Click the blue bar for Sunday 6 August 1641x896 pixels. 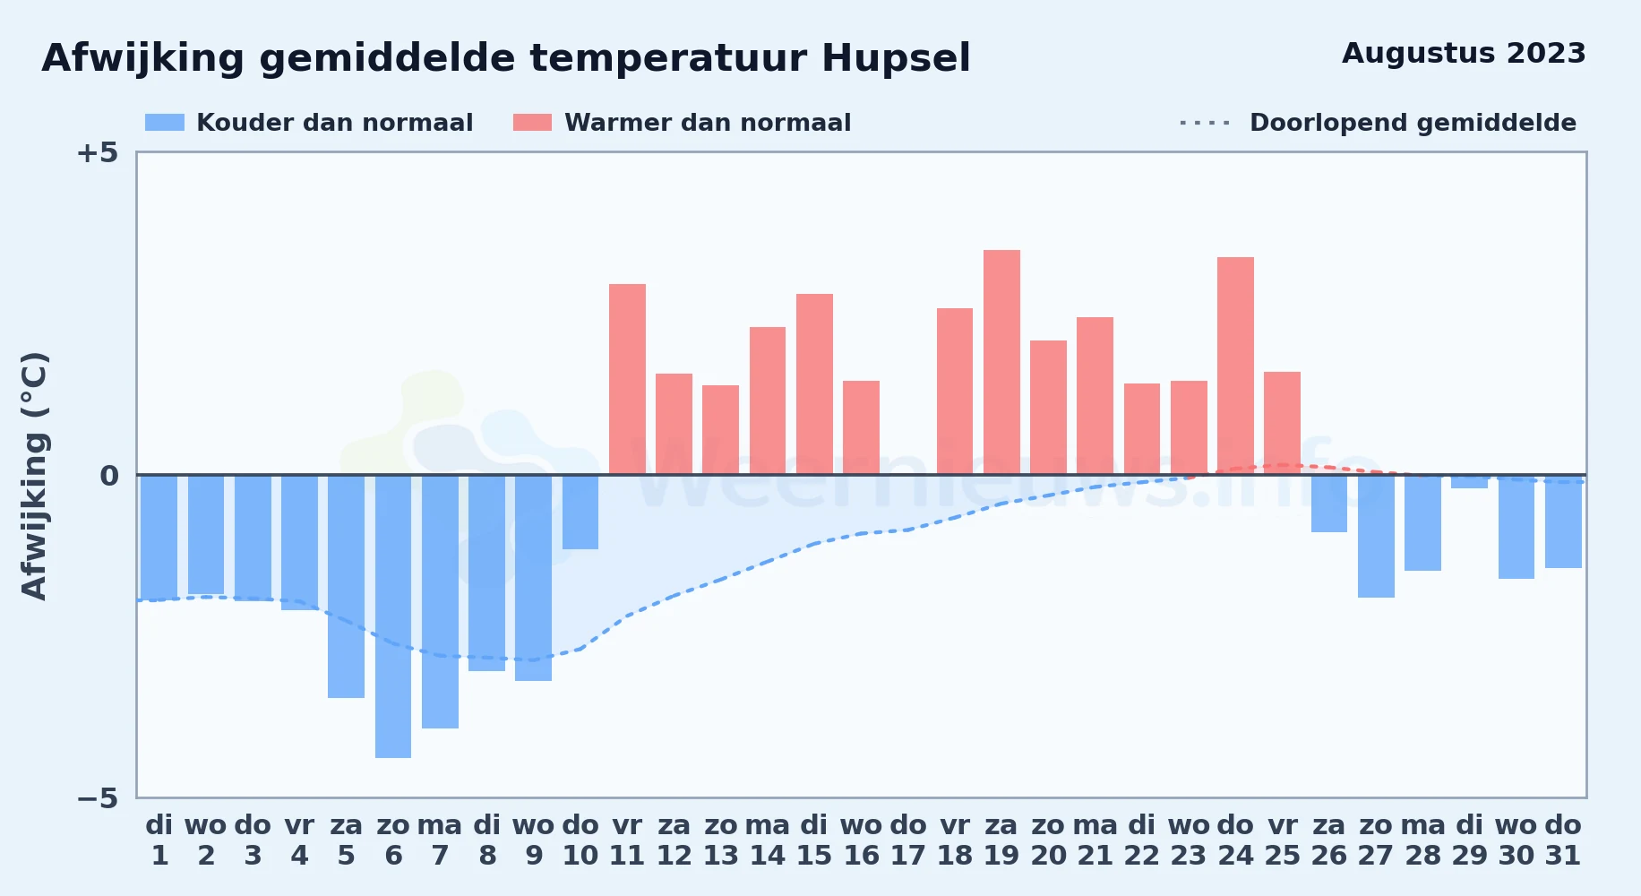coord(393,616)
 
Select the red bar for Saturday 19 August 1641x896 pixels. coord(1001,362)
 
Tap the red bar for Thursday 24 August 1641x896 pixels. coord(1235,366)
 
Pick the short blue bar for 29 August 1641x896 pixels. coord(1469,481)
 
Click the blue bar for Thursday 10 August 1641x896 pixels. coord(580,512)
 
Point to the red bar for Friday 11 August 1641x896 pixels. coord(627,379)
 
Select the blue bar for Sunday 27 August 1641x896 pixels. coord(1376,536)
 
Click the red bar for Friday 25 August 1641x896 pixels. coord(1282,423)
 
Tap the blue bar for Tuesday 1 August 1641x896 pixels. coord(159,538)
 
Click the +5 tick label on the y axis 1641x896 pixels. coord(97,152)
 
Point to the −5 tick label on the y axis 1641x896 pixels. coord(97,797)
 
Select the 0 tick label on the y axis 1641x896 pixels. coord(109,475)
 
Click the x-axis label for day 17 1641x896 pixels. coord(908,840)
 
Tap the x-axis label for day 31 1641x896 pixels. coord(1563,840)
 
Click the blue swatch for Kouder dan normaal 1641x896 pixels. coord(165,123)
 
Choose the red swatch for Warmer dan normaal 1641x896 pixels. coord(532,123)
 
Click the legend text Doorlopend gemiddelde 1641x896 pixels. coord(1413,123)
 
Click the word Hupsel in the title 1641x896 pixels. coord(896,59)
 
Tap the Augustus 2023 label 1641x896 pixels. coord(1464,54)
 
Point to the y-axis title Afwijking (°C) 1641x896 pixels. coord(34,475)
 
